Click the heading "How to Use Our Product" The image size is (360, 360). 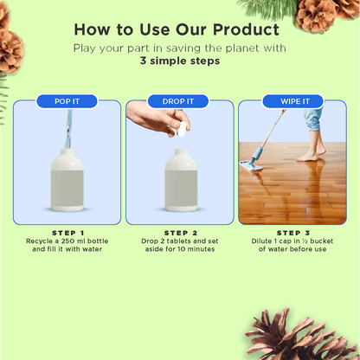point(179,29)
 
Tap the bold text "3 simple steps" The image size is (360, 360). point(179,63)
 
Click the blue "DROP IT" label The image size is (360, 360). point(179,101)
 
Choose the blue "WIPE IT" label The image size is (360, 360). point(292,101)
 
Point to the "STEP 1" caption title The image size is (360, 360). point(67,233)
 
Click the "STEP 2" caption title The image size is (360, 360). point(179,233)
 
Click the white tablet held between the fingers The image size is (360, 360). point(182,132)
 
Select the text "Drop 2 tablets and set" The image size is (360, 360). point(179,241)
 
